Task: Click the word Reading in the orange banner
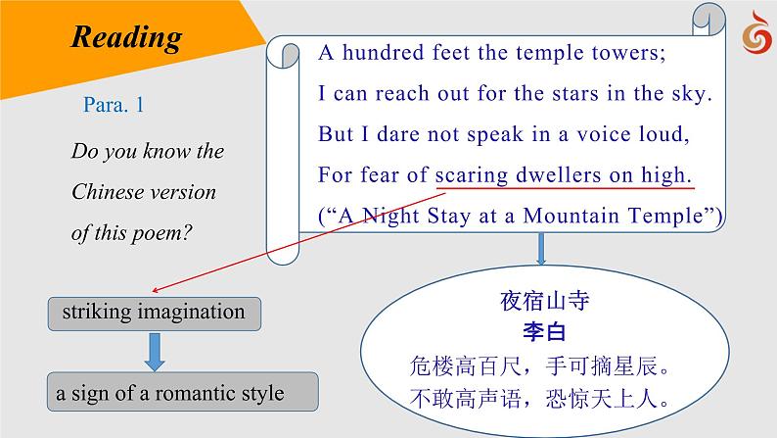(127, 37)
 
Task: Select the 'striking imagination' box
(154, 314)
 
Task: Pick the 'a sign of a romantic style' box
(184, 393)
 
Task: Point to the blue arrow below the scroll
(541, 248)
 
